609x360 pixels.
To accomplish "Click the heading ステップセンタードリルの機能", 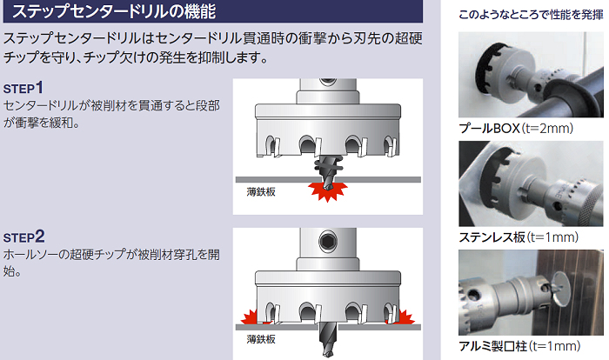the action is click(113, 11).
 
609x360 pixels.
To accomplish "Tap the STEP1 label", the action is click(23, 88).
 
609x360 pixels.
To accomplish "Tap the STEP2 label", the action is click(24, 237).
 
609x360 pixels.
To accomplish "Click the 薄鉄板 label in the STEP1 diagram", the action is click(261, 191).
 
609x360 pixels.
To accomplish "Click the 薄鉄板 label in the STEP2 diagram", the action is click(261, 339).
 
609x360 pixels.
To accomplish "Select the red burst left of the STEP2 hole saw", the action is click(251, 317).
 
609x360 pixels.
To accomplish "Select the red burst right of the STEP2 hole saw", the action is click(401, 317).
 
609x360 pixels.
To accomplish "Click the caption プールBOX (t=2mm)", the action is click(516, 128).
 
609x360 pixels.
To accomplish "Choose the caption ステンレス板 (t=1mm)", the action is click(519, 237).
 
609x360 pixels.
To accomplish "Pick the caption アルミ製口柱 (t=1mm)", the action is click(519, 345).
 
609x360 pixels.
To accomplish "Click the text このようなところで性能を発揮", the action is click(531, 15).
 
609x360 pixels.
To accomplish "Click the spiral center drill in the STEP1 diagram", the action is click(328, 171).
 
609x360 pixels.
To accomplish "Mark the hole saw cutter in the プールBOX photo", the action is click(495, 70).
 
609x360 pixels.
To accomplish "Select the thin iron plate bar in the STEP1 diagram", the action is click(328, 179).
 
